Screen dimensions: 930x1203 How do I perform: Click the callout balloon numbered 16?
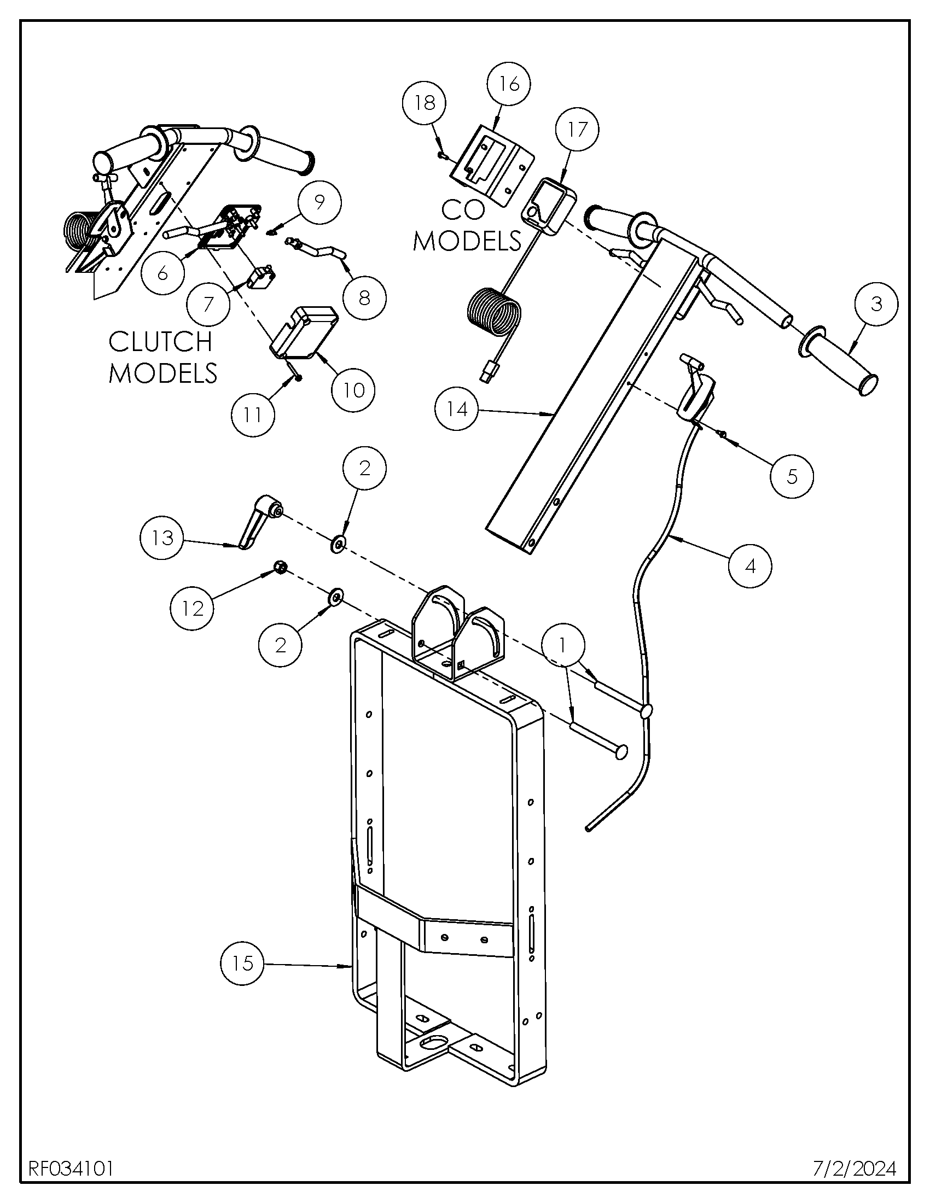[509, 84]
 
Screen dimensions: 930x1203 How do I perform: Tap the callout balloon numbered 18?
[425, 103]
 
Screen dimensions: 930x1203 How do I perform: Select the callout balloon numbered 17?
[577, 130]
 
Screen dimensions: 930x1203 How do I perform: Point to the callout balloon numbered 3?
[876, 303]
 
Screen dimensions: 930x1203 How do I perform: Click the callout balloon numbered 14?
[457, 409]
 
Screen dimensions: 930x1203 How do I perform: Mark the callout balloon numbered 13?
[162, 538]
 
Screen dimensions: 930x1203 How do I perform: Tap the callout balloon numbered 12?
[192, 609]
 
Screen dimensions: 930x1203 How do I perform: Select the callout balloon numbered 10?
[354, 390]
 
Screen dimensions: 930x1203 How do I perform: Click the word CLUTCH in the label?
[160, 342]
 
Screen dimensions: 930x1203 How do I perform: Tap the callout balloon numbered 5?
[792, 476]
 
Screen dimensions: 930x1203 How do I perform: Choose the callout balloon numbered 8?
[364, 298]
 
